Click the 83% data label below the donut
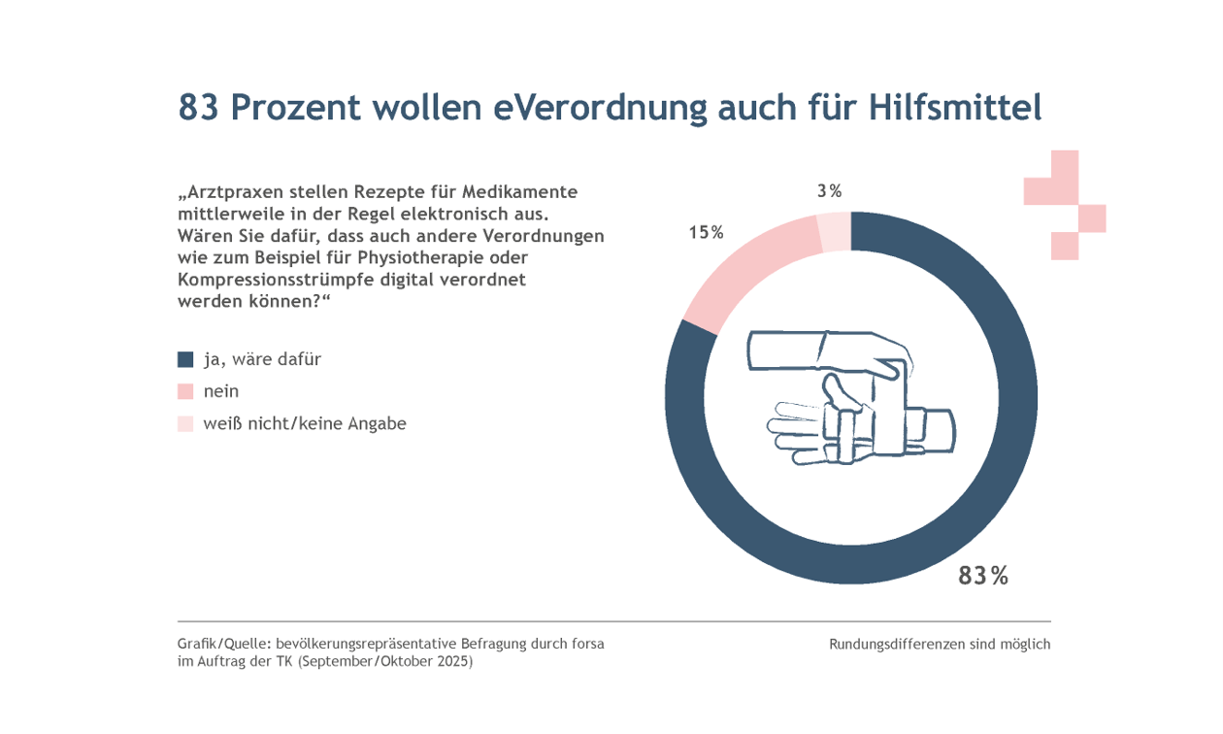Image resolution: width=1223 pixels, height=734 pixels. click(982, 576)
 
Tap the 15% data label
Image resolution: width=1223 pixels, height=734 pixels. click(706, 233)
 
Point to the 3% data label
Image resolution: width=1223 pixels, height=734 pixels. click(829, 191)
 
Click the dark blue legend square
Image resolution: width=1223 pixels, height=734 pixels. click(185, 359)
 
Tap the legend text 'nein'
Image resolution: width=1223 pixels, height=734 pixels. click(221, 391)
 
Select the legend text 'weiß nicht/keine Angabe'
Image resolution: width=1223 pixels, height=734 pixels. click(305, 423)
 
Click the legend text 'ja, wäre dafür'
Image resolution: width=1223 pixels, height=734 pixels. click(262, 359)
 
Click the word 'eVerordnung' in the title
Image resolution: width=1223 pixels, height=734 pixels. click(600, 108)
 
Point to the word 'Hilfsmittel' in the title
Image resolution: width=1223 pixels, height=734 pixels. click(955, 107)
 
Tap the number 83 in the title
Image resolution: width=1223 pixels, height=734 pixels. click(198, 107)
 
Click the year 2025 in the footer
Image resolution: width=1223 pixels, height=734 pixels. click(452, 661)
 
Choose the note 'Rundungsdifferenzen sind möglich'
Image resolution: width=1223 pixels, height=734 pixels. click(940, 645)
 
